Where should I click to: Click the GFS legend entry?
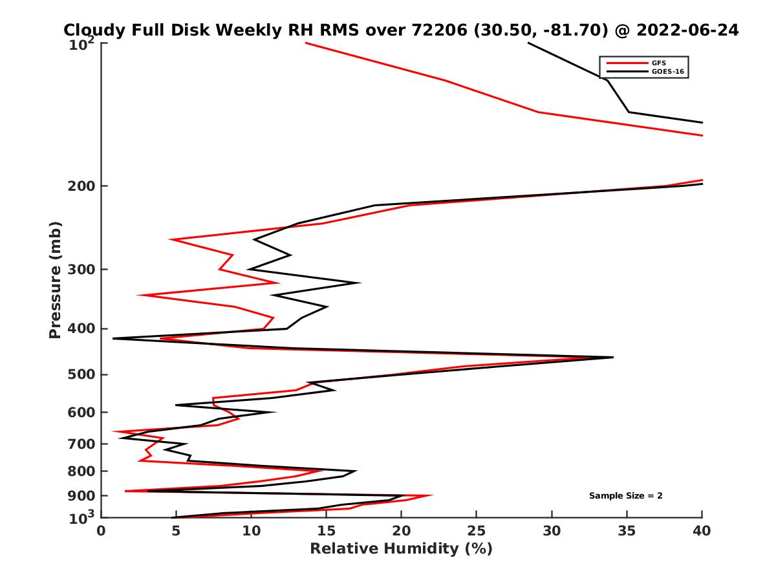(659, 63)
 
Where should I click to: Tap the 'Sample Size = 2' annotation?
(625, 496)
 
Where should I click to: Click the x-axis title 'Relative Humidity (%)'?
(401, 549)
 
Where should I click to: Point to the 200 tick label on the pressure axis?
(83, 186)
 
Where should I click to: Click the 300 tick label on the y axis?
(83, 270)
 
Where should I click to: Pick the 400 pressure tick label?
(83, 329)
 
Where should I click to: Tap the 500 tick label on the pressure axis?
(83, 374)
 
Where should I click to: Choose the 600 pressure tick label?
(83, 412)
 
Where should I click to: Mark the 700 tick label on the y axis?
(83, 444)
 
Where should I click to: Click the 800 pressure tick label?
(83, 471)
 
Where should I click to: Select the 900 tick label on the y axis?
(83, 495)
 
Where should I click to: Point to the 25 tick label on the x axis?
(477, 531)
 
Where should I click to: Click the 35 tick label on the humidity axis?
(627, 531)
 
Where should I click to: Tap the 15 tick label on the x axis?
(327, 531)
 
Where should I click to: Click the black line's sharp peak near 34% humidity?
(612, 357)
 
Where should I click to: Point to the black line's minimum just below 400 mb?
(114, 338)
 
